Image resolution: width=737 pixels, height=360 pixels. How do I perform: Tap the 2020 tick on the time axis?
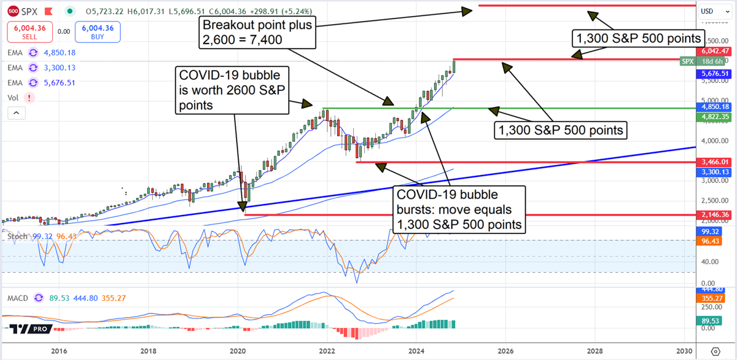tap(238, 351)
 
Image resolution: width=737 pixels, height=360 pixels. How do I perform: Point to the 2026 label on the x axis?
tap(505, 351)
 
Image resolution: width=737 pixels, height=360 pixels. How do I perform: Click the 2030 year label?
tap(684, 351)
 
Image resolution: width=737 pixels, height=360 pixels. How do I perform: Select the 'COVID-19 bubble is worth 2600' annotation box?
tap(231, 90)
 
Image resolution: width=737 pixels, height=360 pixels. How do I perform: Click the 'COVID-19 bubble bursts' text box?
tap(459, 210)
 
